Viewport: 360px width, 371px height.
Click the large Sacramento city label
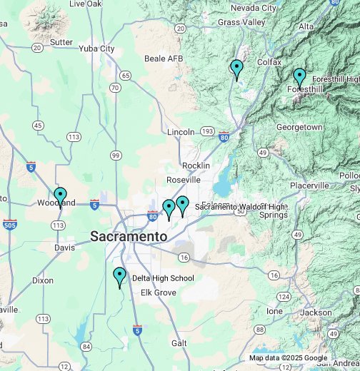click(129, 236)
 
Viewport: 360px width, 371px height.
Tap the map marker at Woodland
click(61, 196)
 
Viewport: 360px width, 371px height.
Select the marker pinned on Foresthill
click(299, 76)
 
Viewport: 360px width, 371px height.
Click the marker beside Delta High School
click(119, 276)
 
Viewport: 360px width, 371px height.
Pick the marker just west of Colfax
click(237, 69)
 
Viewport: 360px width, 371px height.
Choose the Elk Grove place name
click(157, 293)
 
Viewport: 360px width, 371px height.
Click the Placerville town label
click(309, 185)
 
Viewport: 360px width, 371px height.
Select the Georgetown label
click(299, 127)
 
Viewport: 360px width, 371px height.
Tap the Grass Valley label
click(241, 22)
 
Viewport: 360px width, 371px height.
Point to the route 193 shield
click(207, 131)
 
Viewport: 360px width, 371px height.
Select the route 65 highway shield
click(125, 75)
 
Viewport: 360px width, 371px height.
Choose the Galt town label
click(179, 343)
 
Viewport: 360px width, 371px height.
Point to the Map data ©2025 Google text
click(288, 358)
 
